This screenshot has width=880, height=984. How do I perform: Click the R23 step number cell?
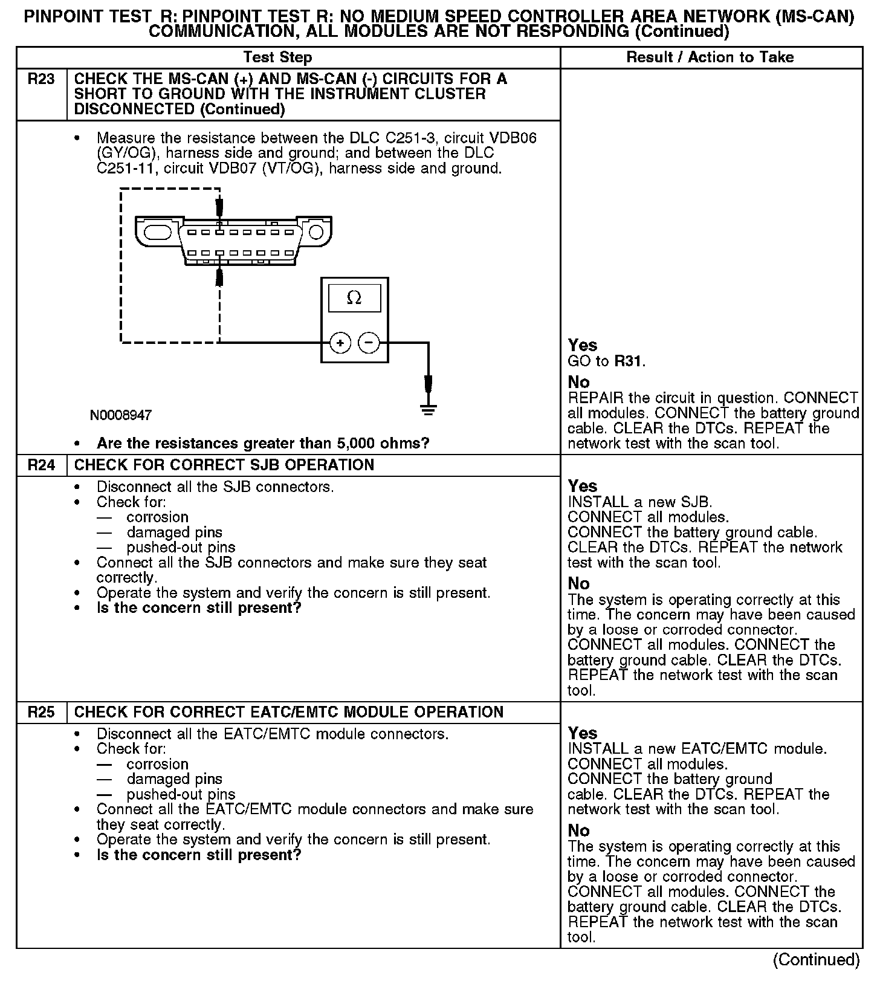(41, 80)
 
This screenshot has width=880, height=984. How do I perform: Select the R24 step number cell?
(41, 465)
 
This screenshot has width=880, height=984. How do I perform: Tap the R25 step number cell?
(41, 712)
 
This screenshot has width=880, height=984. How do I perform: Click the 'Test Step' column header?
(277, 57)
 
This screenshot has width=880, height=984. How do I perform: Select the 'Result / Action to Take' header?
(710, 57)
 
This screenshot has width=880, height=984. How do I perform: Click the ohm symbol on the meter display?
(354, 299)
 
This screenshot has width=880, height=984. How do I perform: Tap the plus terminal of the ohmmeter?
(340, 343)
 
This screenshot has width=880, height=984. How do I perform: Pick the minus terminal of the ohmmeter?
(369, 343)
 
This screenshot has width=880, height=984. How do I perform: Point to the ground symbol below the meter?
(428, 410)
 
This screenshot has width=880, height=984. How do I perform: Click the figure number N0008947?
(121, 415)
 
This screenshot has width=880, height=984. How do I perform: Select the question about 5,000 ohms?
(263, 444)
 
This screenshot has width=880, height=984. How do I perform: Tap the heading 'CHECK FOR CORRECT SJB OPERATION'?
(224, 465)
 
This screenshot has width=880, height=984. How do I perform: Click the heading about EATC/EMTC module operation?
(288, 712)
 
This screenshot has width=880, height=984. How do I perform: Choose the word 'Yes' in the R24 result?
(583, 486)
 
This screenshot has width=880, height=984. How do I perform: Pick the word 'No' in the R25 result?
(578, 830)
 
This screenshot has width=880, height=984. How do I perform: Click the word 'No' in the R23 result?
(578, 382)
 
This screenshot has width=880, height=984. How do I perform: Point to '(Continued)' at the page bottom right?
(816, 960)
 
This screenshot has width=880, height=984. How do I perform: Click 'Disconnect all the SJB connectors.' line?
(215, 487)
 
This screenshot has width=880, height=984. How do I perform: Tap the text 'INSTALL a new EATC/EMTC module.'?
(697, 749)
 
